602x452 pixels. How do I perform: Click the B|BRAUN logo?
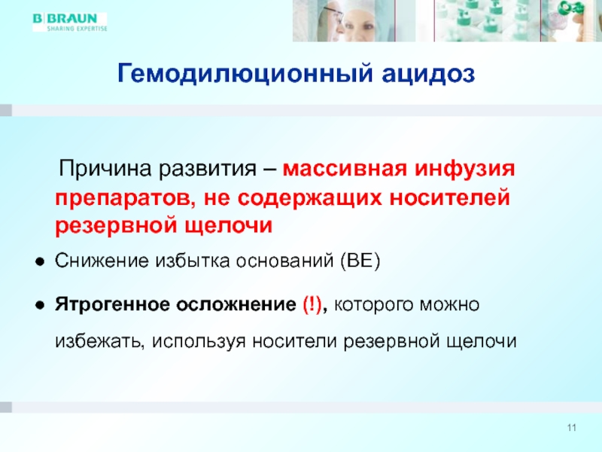point(69,22)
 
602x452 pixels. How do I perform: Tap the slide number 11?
point(572,428)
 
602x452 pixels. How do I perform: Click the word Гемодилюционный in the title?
point(245,73)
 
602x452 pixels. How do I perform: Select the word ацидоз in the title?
point(428,74)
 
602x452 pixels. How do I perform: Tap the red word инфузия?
point(465,169)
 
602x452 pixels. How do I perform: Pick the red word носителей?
point(450,198)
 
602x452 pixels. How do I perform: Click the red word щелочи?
point(229,226)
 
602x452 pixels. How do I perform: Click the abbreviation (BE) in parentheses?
point(360,261)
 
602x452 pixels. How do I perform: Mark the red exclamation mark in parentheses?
point(312,305)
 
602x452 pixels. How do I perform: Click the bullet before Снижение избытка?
point(40,262)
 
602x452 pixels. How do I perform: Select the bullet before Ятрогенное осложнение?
point(40,306)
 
